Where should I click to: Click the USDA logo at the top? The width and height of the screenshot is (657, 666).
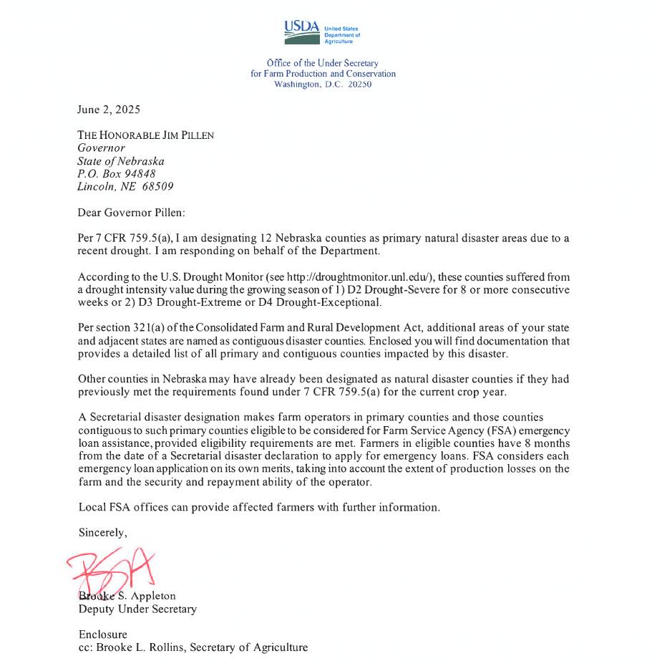(x=322, y=32)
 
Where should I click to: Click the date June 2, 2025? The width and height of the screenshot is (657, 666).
(x=109, y=110)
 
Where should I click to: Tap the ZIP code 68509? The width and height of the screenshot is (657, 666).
(x=157, y=186)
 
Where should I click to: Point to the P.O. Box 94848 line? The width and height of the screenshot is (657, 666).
(x=117, y=174)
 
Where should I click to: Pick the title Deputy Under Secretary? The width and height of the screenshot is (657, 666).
(x=137, y=609)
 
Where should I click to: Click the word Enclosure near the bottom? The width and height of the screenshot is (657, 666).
(x=102, y=634)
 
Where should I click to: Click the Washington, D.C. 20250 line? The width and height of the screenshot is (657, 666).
(x=323, y=84)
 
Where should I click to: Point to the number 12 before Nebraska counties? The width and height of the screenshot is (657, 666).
(x=266, y=238)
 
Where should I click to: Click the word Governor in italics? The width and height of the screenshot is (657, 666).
(x=101, y=148)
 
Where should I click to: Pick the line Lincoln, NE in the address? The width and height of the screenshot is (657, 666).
(x=101, y=186)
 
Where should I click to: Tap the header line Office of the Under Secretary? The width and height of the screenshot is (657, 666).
(x=323, y=64)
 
